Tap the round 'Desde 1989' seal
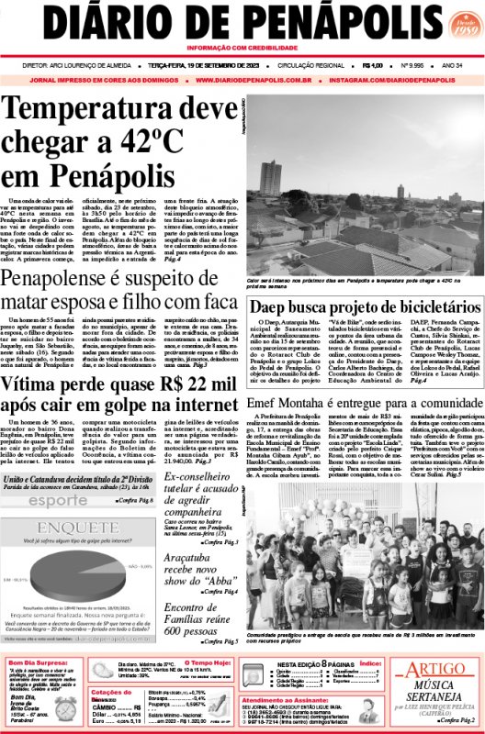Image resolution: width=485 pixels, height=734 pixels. tap(458, 27)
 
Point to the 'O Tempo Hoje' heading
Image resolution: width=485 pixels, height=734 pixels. tap(210, 662)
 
